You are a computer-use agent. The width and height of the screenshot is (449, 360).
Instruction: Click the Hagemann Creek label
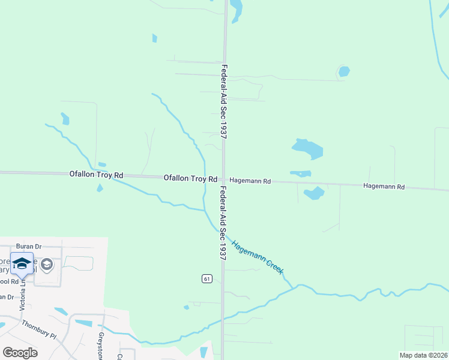pyautogui.click(x=258, y=257)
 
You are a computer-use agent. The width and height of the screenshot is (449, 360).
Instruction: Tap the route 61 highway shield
pyautogui.click(x=207, y=278)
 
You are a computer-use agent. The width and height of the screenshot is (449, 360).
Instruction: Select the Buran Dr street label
pyautogui.click(x=28, y=247)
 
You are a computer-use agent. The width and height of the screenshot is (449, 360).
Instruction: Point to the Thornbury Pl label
pyautogui.click(x=38, y=331)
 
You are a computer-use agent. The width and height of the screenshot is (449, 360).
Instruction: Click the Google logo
pyautogui.click(x=20, y=352)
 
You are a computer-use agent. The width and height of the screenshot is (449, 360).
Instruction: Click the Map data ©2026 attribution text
pyautogui.click(x=424, y=355)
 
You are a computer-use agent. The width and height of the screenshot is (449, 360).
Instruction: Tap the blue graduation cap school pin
pyautogui.click(x=22, y=265)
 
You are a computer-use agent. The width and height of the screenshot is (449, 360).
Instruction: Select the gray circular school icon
pyautogui.click(x=47, y=265)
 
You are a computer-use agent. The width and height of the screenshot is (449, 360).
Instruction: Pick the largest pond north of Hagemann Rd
pyautogui.click(x=307, y=148)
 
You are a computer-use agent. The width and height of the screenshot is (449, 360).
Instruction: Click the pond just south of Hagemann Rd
pyautogui.click(x=313, y=193)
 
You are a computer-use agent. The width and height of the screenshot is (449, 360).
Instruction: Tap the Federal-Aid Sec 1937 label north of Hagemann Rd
pyautogui.click(x=224, y=102)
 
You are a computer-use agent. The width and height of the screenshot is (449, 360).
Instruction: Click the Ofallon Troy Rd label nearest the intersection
pyautogui.click(x=190, y=179)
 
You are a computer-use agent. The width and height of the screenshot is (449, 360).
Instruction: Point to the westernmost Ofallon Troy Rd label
pyautogui.click(x=96, y=175)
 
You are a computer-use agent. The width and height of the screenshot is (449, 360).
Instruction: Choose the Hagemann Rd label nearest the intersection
pyautogui.click(x=250, y=181)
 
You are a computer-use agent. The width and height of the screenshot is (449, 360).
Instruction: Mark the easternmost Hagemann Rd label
pyautogui.click(x=384, y=187)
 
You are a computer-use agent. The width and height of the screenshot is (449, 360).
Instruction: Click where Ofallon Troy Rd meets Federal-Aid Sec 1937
pyautogui.click(x=224, y=179)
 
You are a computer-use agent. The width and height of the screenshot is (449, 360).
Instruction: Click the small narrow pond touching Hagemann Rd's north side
pyautogui.click(x=300, y=174)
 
